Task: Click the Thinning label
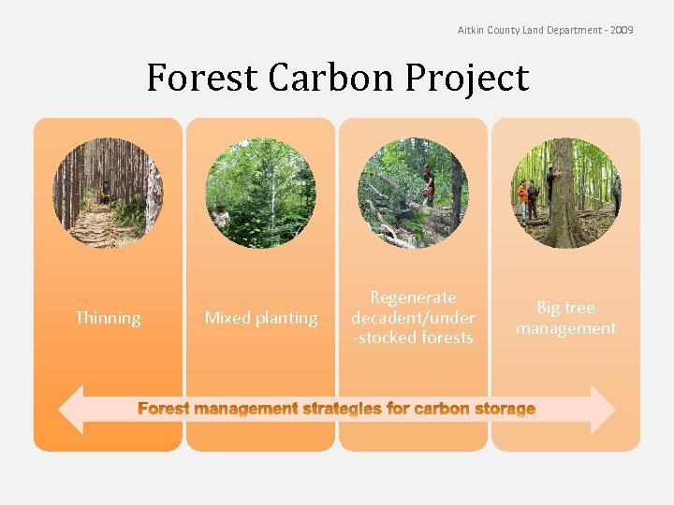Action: click(x=108, y=318)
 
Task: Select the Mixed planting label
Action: click(x=261, y=318)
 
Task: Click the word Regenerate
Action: click(x=413, y=297)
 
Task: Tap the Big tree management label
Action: click(x=565, y=318)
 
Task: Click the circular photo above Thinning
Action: click(x=108, y=194)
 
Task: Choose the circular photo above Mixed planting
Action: click(x=261, y=194)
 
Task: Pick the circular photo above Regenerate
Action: click(x=413, y=194)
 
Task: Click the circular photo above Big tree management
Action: click(x=565, y=194)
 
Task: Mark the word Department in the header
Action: click(x=573, y=31)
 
